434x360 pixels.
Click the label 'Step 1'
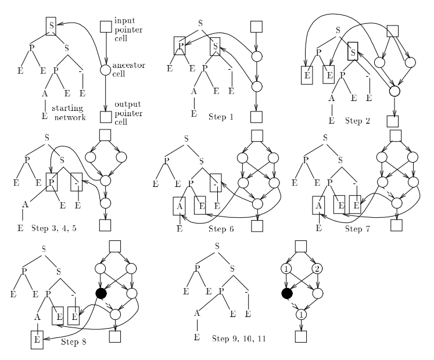[221, 117]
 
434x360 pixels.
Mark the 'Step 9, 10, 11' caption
[239, 338]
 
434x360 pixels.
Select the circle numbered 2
[317, 270]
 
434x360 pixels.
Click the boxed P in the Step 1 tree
[180, 45]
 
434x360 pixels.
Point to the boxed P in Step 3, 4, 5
[51, 181]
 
